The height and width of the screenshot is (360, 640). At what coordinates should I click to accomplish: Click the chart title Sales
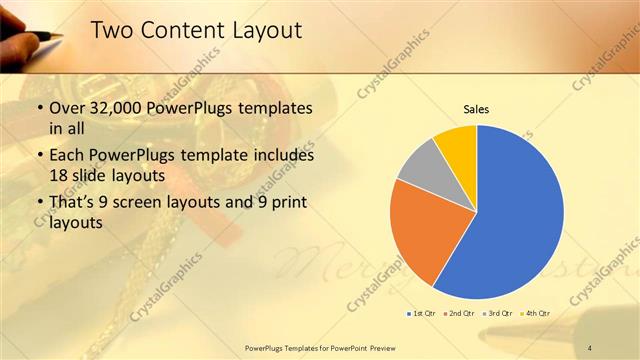pos(475,109)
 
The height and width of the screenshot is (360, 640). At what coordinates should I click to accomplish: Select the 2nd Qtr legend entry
pos(460,314)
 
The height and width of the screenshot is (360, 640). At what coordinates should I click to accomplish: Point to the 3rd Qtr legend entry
pos(498,314)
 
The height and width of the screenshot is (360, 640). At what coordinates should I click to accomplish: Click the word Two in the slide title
pos(111,32)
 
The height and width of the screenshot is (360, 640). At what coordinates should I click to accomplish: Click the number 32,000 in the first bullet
pos(121,109)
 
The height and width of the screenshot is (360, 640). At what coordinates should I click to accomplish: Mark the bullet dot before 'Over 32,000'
pos(39,109)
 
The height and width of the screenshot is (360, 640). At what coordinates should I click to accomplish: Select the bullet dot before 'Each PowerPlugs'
pos(39,156)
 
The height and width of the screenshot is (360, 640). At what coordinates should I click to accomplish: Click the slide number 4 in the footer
pos(591,347)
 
